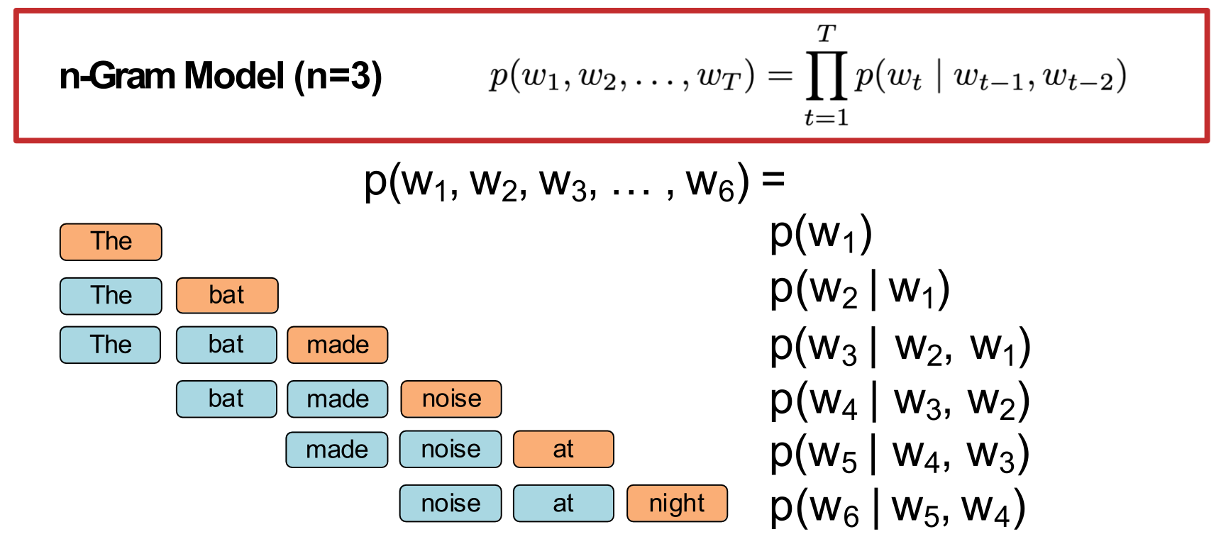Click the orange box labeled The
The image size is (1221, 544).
pyautogui.click(x=111, y=242)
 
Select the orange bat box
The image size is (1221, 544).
pyautogui.click(x=227, y=295)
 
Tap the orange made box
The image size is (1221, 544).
pyautogui.click(x=338, y=345)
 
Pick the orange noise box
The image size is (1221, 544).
pyautogui.click(x=451, y=399)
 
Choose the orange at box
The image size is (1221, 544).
pyautogui.click(x=563, y=449)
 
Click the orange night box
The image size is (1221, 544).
pyautogui.click(x=677, y=504)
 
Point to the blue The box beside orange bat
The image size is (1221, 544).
pyautogui.click(x=111, y=295)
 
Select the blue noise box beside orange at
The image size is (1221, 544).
pyautogui.click(x=451, y=449)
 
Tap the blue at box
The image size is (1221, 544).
pyautogui.click(x=563, y=504)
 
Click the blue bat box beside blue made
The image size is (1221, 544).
pyautogui.click(x=226, y=399)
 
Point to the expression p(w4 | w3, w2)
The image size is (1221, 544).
pyautogui.click(x=900, y=401)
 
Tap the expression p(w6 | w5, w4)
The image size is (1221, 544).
pyautogui.click(x=897, y=509)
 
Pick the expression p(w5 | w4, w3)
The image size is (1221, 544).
pyautogui.click(x=900, y=455)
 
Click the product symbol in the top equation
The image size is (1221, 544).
pyautogui.click(x=827, y=75)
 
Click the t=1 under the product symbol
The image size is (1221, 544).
pyautogui.click(x=827, y=117)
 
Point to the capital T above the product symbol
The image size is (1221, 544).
pyautogui.click(x=827, y=33)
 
